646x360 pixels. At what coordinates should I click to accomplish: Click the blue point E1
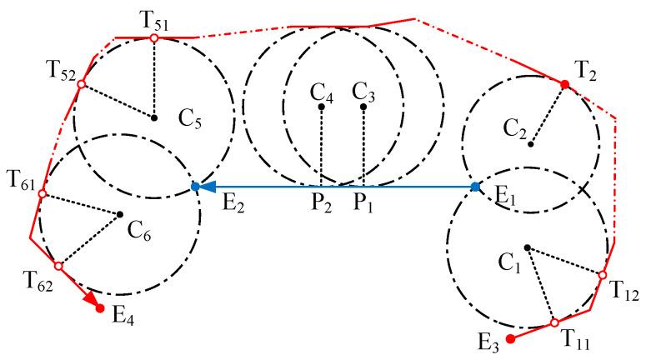pos(475,187)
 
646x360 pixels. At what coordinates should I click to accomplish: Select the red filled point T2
pos(565,84)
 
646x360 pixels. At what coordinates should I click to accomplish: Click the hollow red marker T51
pos(154,37)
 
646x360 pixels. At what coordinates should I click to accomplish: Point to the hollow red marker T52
pos(81,84)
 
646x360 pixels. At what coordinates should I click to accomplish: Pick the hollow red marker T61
pos(41,193)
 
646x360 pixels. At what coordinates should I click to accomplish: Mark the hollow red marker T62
pos(58,266)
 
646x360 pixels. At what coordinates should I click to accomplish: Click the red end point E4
pos(101,309)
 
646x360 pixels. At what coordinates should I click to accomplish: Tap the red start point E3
pos(511,339)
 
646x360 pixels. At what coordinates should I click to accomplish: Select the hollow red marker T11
pos(553,322)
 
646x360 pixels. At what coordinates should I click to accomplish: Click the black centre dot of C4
pos(321,107)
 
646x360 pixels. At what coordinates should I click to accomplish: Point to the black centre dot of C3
pos(364,107)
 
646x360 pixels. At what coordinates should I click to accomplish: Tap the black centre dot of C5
pos(154,117)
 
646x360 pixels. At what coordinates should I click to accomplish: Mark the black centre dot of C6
pos(120,214)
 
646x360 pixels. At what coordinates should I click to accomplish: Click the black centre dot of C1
pos(527,247)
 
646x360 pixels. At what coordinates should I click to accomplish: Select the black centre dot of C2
pos(530,144)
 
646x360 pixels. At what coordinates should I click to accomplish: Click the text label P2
pos(322,203)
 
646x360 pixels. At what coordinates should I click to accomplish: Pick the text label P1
pos(363,203)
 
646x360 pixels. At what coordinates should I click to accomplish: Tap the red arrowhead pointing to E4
pos(91,299)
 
